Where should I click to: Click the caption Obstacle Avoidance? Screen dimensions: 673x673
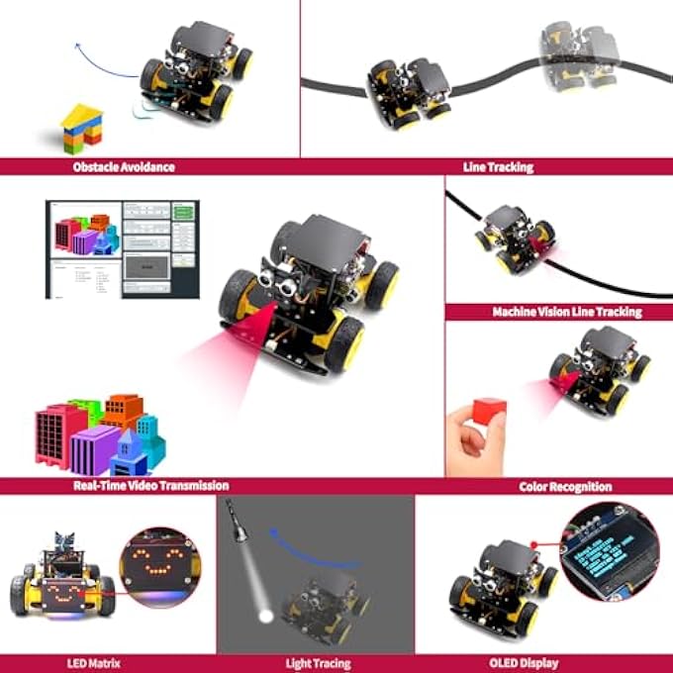click(x=124, y=166)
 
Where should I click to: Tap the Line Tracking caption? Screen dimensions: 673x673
click(x=498, y=166)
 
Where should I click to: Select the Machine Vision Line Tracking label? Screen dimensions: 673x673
click(x=567, y=312)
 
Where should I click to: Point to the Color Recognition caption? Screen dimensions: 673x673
click(x=565, y=486)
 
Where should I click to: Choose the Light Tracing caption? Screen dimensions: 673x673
click(x=315, y=662)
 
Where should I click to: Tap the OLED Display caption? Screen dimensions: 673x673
click(x=523, y=662)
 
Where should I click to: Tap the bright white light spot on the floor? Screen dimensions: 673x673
click(x=264, y=616)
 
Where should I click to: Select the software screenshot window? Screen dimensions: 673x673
click(x=122, y=248)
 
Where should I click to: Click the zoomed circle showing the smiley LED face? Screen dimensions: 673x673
click(x=160, y=568)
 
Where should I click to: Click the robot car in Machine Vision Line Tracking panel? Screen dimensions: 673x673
click(x=512, y=239)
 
